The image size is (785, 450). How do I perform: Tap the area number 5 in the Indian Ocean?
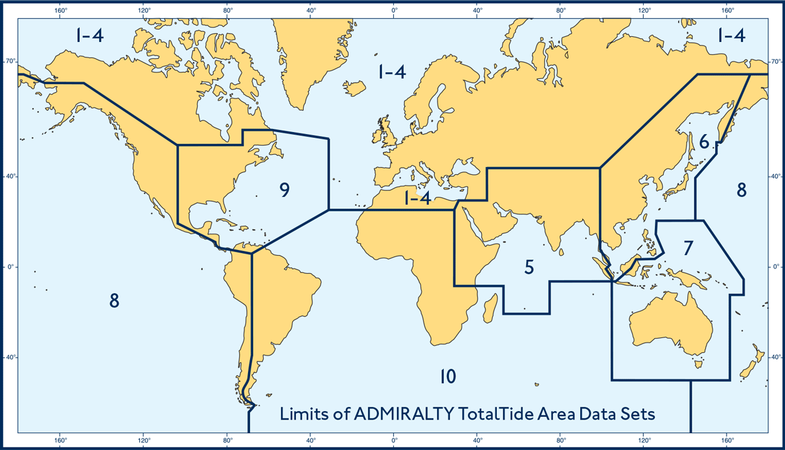pos(529,267)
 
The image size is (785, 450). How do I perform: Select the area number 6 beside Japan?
pos(704,142)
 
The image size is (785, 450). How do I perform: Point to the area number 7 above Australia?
pos(688,247)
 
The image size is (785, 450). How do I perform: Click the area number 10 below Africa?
pos(448,376)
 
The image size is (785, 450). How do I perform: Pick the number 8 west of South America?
pos(114,300)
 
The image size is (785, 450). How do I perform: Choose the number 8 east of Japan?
pos(742,190)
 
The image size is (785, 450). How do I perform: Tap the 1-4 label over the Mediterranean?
pos(417,199)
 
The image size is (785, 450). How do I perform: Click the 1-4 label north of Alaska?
pos(89,36)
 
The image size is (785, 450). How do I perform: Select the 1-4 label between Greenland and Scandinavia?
pos(392,71)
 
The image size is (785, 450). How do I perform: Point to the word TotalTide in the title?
pos(495,414)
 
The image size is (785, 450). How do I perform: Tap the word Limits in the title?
pos(302,414)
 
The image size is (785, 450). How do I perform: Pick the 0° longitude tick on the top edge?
pos(394,10)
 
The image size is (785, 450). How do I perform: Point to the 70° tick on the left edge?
pos(11,62)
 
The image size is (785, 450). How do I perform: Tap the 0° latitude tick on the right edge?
pos(775,267)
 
